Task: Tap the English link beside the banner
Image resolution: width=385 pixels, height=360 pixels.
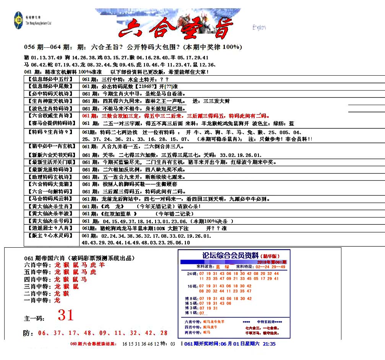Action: tap(259, 27)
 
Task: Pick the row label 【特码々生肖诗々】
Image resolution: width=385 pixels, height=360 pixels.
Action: tap(50, 132)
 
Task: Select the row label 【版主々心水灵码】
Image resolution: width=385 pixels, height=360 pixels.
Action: tap(50, 235)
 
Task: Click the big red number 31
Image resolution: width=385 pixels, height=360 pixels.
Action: tap(65, 315)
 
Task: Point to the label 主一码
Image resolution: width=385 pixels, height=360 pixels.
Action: tap(34, 318)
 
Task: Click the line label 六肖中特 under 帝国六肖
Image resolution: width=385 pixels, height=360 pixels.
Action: tap(37, 265)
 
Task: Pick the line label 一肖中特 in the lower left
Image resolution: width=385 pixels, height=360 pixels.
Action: tap(37, 300)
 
